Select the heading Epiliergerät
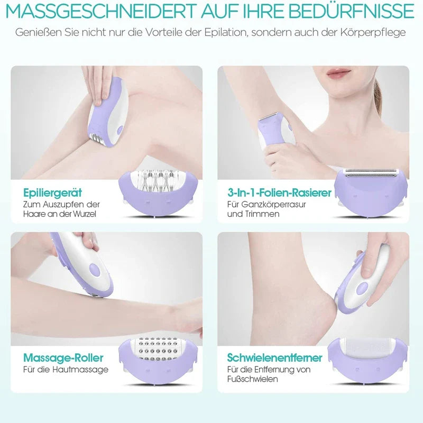pyautogui.click(x=53, y=192)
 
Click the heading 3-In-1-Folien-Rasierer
pyautogui.click(x=279, y=192)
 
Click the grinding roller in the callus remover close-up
pyautogui.click(x=367, y=347)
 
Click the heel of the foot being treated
pyautogui.click(x=333, y=299)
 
